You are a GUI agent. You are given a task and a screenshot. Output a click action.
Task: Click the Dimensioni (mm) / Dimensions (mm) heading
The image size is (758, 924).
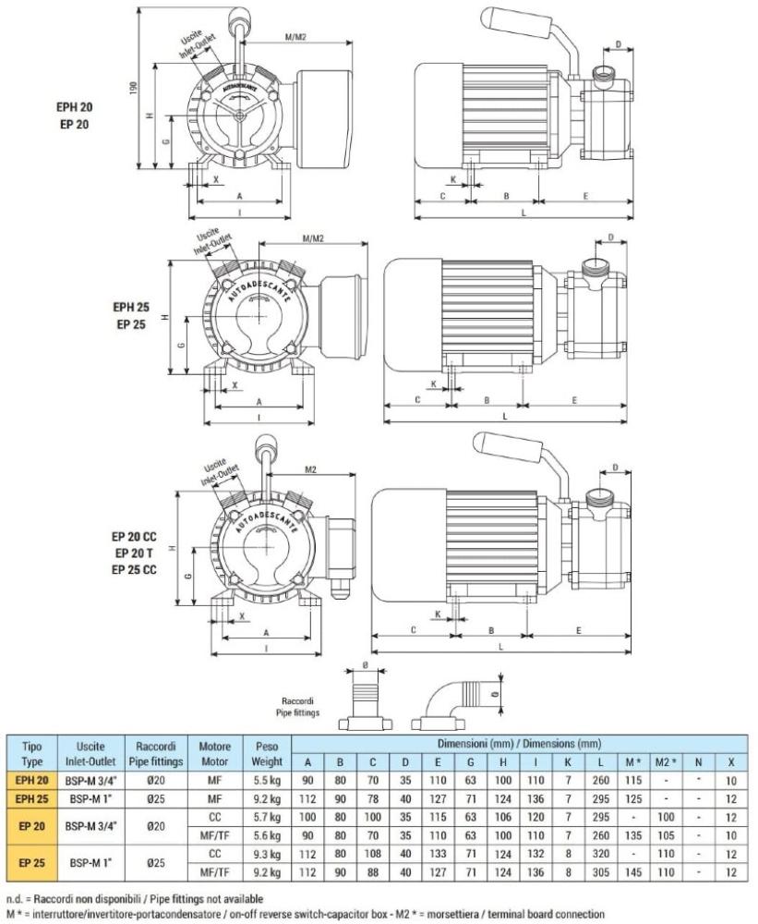tap(519, 744)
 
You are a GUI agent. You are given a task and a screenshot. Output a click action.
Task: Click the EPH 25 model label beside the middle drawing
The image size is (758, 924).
tap(130, 308)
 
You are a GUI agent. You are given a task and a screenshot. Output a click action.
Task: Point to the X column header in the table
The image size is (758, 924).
tap(731, 762)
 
